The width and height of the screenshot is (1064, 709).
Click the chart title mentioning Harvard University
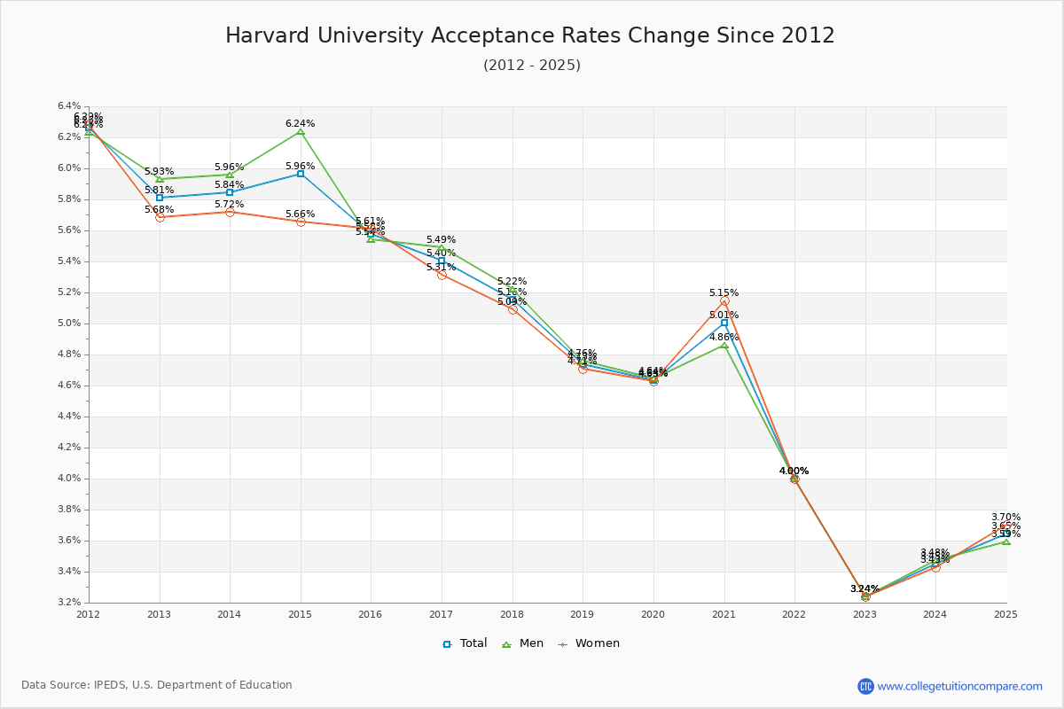pyautogui.click(x=530, y=35)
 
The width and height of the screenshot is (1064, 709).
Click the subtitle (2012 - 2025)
pyautogui.click(x=532, y=66)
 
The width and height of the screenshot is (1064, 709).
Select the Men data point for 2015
pyautogui.click(x=301, y=132)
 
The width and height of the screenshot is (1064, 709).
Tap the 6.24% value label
pyautogui.click(x=300, y=124)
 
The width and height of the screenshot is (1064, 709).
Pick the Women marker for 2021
pyautogui.click(x=724, y=300)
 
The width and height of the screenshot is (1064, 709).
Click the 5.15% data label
pyautogui.click(x=724, y=293)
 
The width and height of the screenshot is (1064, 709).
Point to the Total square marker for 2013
pyautogui.click(x=160, y=198)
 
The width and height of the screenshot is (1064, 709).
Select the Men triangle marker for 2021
pyautogui.click(x=724, y=346)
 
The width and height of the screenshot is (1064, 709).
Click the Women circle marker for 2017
pyautogui.click(x=442, y=275)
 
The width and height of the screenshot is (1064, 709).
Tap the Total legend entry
pyautogui.click(x=465, y=643)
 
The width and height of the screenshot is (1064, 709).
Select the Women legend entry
pyautogui.click(x=589, y=643)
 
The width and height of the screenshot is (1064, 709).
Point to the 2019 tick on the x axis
pyautogui.click(x=583, y=613)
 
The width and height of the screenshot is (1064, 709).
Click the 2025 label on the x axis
pyautogui.click(x=1005, y=613)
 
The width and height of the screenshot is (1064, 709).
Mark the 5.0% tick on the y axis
pyautogui.click(x=69, y=323)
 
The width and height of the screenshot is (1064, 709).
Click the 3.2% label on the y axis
pyautogui.click(x=69, y=603)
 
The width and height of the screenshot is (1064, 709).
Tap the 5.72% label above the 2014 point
pyautogui.click(x=229, y=205)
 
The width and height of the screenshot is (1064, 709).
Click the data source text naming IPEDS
pyautogui.click(x=157, y=685)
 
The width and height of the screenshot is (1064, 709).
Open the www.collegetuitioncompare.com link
pyautogui.click(x=959, y=686)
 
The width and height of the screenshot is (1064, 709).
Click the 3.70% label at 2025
pyautogui.click(x=1005, y=518)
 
